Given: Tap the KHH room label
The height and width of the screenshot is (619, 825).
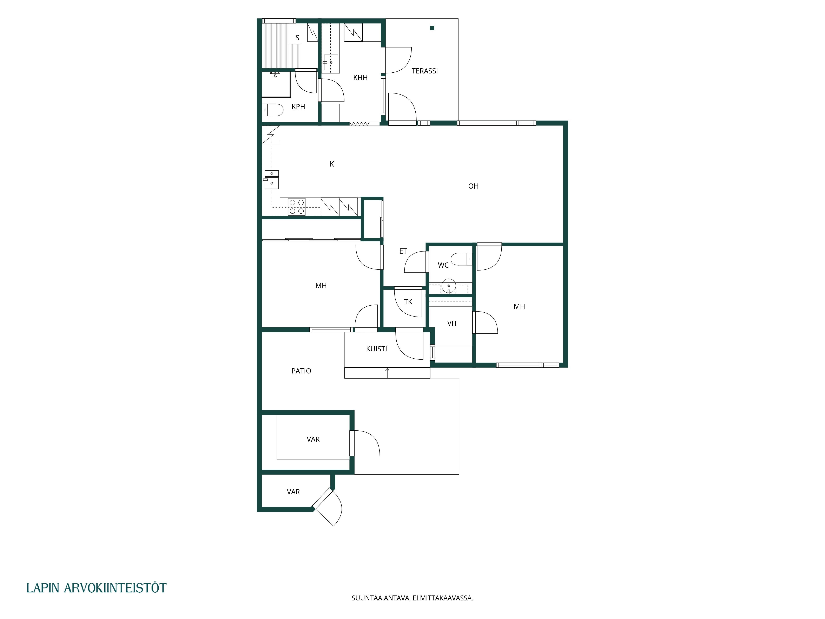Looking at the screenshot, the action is [360, 78].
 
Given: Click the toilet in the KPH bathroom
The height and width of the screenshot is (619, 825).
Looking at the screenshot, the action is [273, 110].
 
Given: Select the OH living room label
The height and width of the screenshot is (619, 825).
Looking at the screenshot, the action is [473, 186].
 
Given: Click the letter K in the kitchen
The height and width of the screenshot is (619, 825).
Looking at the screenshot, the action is [332, 164].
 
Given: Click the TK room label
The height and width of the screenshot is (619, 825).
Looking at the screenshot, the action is [408, 302].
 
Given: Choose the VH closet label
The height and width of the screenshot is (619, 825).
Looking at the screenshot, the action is [452, 324].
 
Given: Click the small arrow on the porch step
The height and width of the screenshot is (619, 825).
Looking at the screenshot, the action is [387, 373].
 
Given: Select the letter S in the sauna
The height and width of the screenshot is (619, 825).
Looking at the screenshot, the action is [297, 38].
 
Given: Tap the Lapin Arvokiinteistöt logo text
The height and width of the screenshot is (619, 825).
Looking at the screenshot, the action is [97, 588].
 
